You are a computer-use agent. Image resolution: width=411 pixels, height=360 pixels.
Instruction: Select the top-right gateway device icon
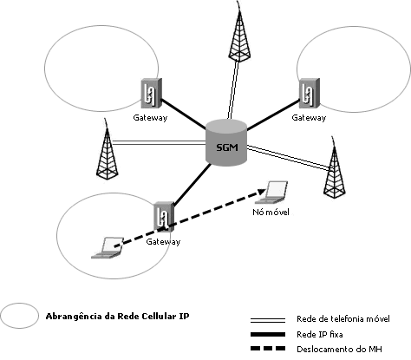307,94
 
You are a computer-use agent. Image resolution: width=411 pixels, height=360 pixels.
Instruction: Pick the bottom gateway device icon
161,218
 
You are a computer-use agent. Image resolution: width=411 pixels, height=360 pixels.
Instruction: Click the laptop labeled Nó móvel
275,191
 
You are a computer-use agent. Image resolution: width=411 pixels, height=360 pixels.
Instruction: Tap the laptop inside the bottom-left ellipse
105,248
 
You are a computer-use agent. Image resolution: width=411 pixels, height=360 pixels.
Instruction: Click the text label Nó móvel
270,211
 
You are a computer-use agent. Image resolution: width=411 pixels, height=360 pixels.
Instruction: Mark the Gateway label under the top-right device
309,117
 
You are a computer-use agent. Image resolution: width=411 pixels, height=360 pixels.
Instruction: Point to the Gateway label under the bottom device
162,241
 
